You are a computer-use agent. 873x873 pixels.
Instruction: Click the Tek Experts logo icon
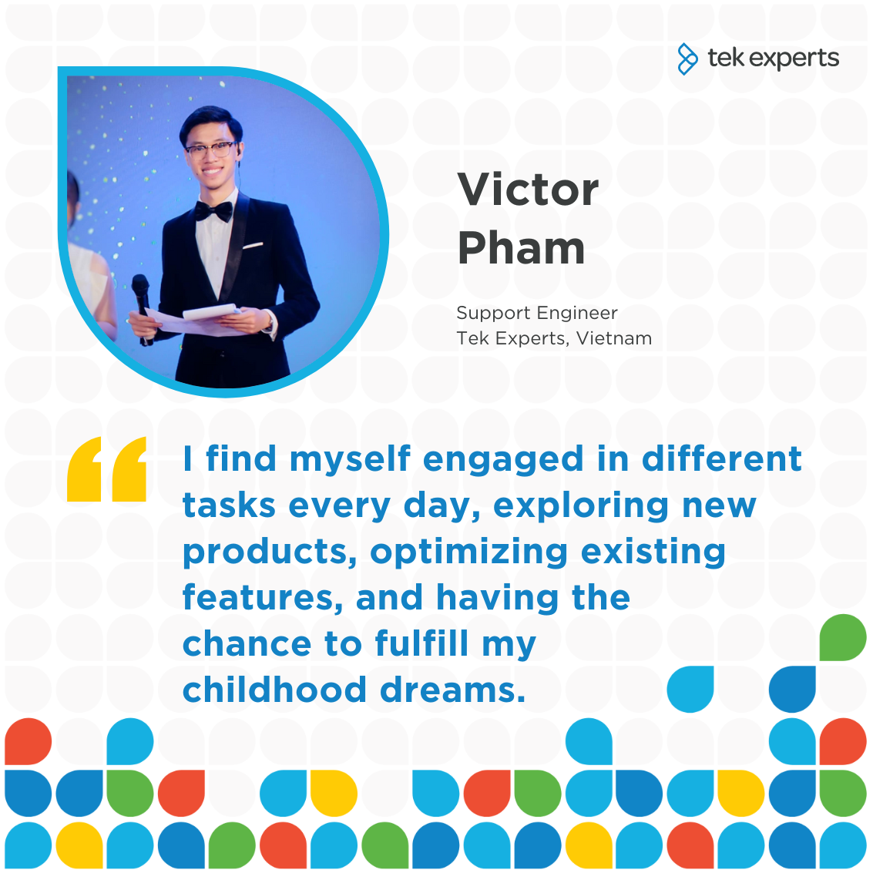click(687, 59)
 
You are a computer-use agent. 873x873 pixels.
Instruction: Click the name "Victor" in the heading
click(528, 190)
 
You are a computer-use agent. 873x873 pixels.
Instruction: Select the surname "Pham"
click(521, 248)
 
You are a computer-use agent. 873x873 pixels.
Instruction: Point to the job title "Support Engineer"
click(537, 313)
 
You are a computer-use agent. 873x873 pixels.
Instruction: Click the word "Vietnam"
click(614, 338)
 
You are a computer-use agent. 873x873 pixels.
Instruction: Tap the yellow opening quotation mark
click(106, 468)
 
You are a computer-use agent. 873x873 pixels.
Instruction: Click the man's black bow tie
click(213, 211)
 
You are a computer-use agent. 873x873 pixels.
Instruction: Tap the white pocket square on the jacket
click(253, 245)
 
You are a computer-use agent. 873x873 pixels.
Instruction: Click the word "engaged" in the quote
click(503, 461)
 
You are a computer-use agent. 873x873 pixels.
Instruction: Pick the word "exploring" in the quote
click(581, 507)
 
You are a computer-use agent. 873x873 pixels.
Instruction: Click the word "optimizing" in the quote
click(468, 553)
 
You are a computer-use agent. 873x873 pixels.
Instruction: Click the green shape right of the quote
click(843, 637)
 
